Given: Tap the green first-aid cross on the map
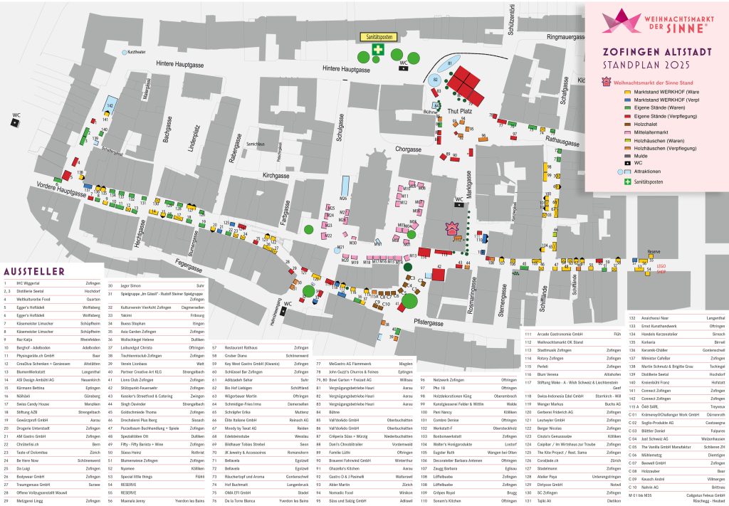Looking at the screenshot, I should pyautogui.click(x=378, y=49).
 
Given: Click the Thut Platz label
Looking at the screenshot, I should pyautogui.click(x=461, y=112).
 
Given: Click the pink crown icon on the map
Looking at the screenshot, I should pyautogui.click(x=451, y=228).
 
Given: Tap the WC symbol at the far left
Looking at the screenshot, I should pyautogui.click(x=15, y=122).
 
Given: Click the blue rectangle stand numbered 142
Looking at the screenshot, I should pyautogui.click(x=110, y=106).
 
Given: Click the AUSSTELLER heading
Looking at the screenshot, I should pyautogui.click(x=34, y=271).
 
